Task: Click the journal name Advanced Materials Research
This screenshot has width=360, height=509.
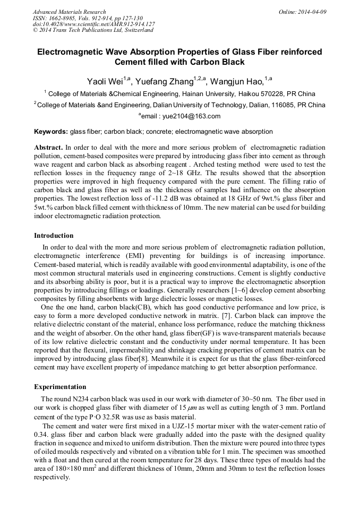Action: tap(69, 12)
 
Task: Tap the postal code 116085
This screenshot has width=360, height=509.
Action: tap(286, 105)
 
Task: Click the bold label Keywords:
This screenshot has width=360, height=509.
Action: tap(51, 131)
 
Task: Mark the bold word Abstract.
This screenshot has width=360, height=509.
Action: tap(48, 146)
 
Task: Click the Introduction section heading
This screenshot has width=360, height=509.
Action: tap(54, 235)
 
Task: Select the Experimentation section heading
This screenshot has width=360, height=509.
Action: tap(60, 387)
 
